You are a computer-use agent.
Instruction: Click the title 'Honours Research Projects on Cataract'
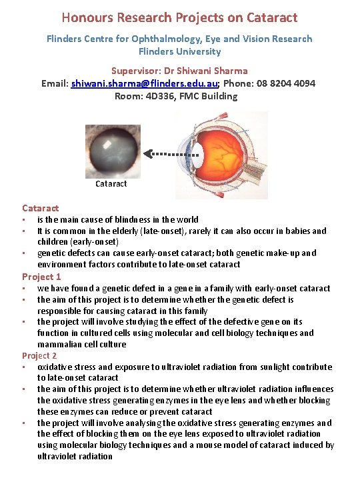coord(179,17)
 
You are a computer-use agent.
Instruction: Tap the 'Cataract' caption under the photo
coord(111,183)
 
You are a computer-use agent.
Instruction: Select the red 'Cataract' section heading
coord(40,208)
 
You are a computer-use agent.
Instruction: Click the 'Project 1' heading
coord(41,276)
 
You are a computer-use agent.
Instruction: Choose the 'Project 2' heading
coord(41,355)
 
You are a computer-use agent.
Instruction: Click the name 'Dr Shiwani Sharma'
coord(206,70)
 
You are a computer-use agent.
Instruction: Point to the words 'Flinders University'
coord(179,51)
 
